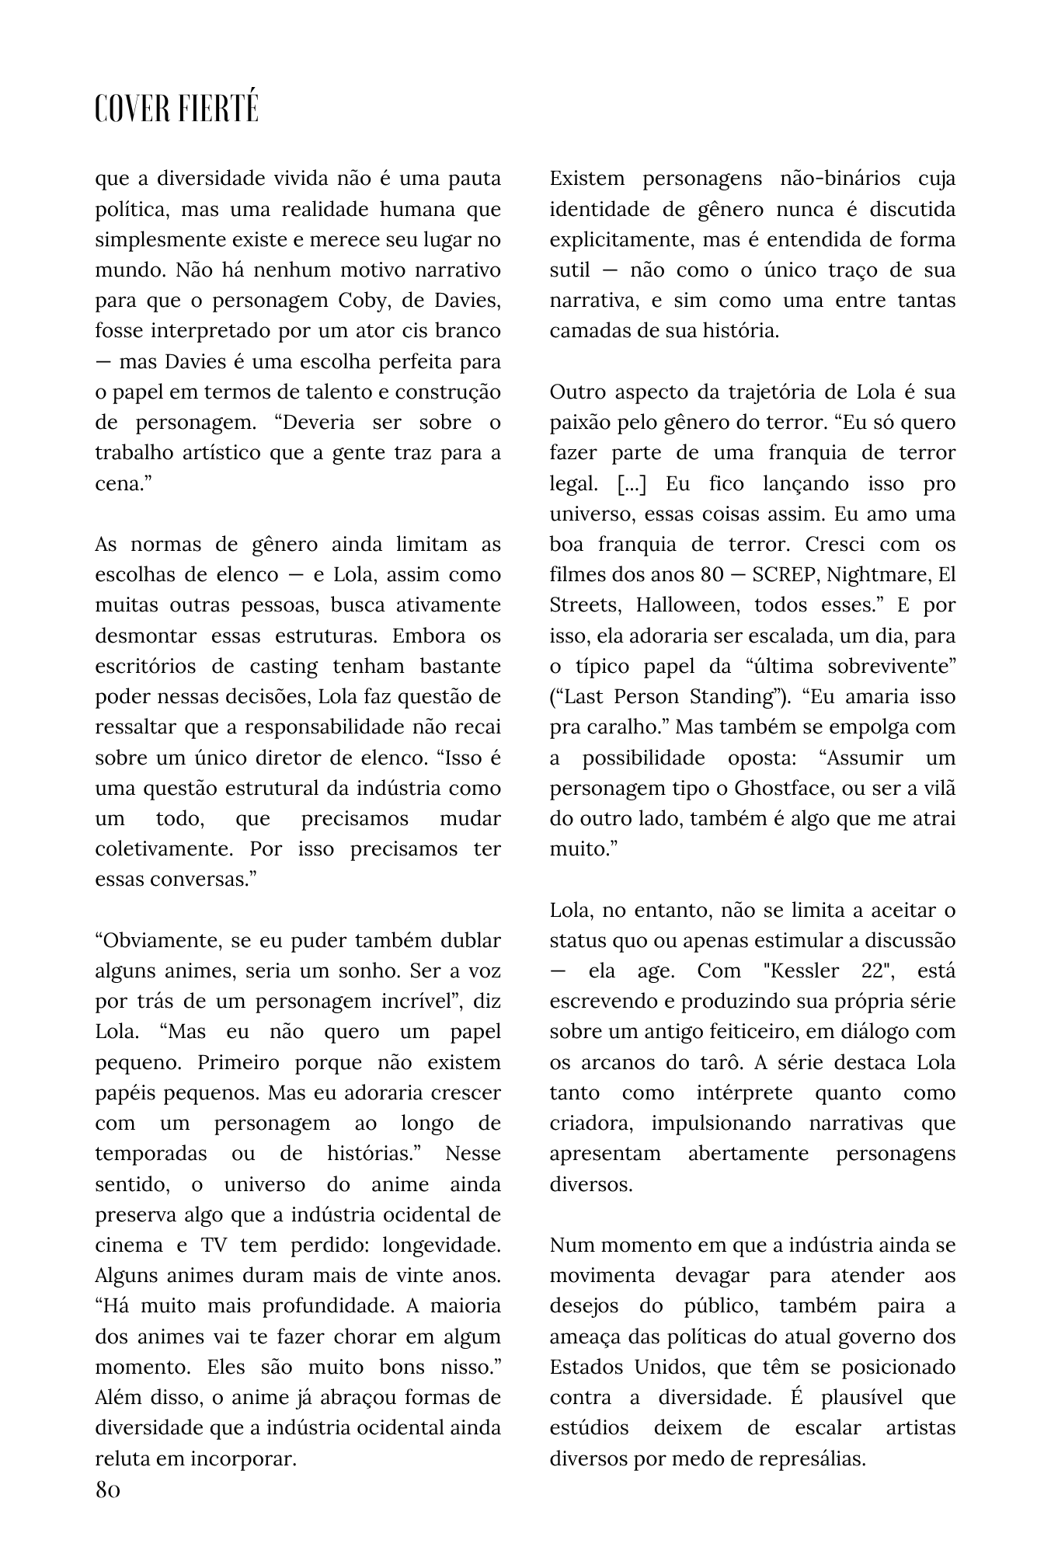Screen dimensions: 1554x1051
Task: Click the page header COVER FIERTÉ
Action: pos(176,110)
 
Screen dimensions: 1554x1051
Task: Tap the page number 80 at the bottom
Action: pos(108,1490)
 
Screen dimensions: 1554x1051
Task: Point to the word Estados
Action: pos(586,1367)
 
